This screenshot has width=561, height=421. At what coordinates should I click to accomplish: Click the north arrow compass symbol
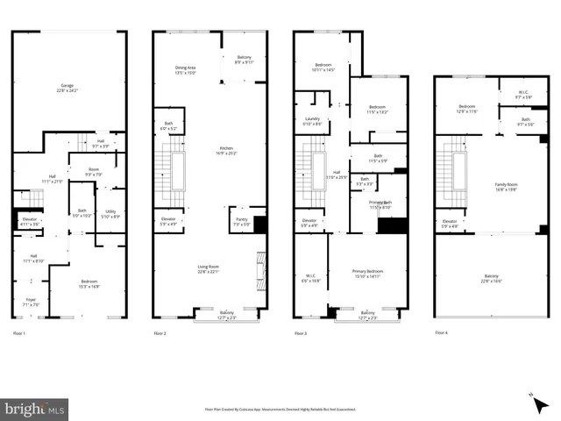[x=535, y=397]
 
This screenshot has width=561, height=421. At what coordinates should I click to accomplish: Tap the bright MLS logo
[x=35, y=409]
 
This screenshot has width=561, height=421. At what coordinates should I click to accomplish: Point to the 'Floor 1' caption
[x=18, y=333]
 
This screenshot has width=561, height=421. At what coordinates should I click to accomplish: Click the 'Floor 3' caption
[x=301, y=333]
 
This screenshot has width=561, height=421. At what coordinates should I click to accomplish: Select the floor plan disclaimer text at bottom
[x=280, y=408]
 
